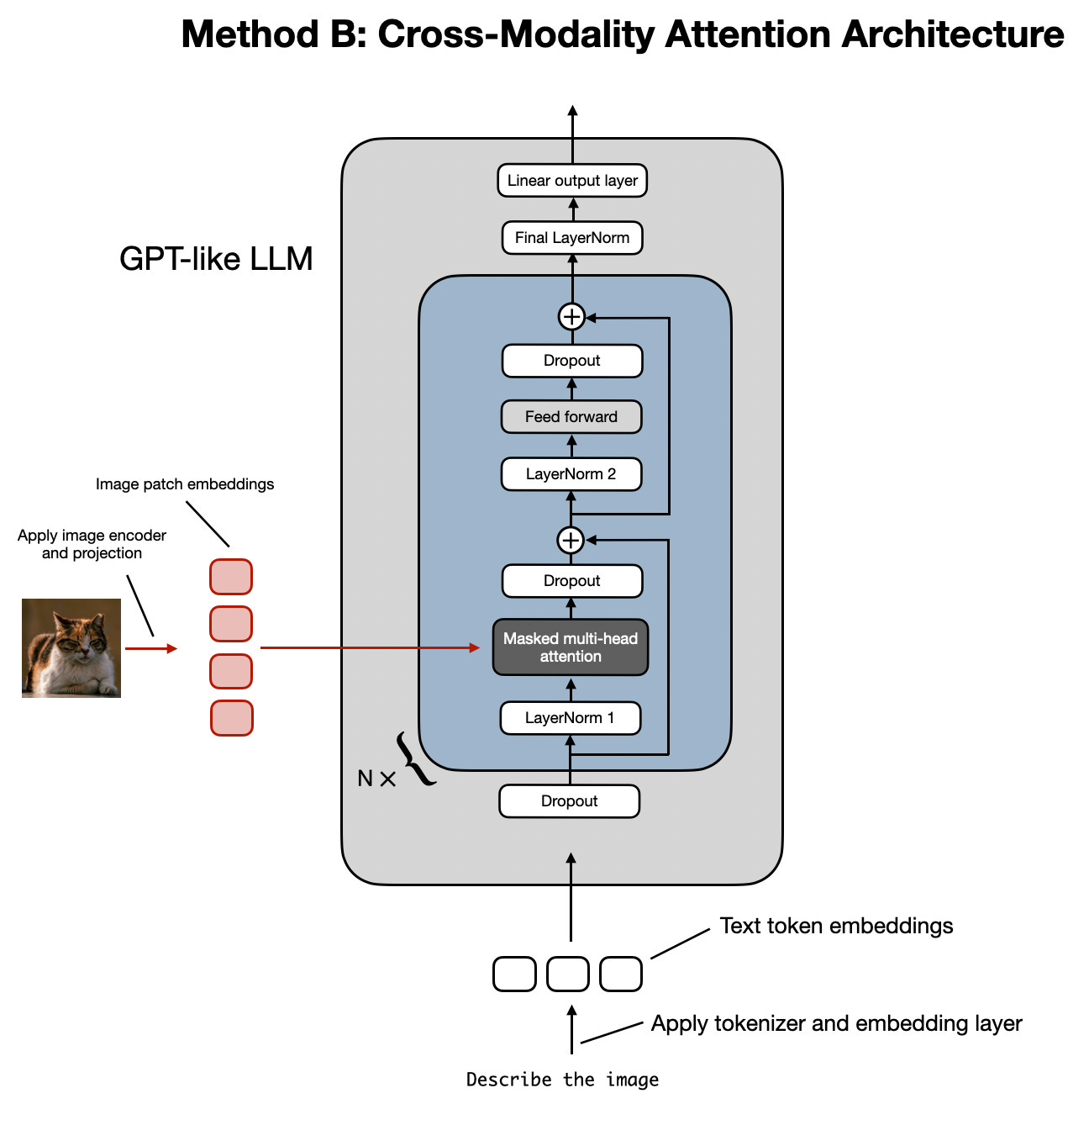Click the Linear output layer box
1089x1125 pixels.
[x=572, y=181]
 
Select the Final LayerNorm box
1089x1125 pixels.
[x=572, y=238]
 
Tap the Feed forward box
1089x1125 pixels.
[x=571, y=417]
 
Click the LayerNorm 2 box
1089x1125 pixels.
[x=571, y=474]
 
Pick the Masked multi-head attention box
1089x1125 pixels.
[x=571, y=647]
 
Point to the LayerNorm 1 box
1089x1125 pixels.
[x=571, y=718]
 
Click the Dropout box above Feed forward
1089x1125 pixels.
[x=572, y=361]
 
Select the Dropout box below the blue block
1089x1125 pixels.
[x=570, y=801]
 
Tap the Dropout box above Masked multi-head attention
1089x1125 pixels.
[x=572, y=581]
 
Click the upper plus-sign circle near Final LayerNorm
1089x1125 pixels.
[x=572, y=317]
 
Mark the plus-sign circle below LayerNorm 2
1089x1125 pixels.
[x=571, y=540]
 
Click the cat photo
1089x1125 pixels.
[x=71, y=648]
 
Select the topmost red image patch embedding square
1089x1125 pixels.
[x=231, y=577]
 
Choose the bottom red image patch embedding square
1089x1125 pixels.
[x=231, y=718]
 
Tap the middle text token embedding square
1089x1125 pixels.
[x=568, y=974]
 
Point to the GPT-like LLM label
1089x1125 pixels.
[x=216, y=259]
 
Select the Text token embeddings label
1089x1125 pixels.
[x=836, y=926]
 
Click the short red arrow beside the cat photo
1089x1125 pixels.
[x=151, y=648]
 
